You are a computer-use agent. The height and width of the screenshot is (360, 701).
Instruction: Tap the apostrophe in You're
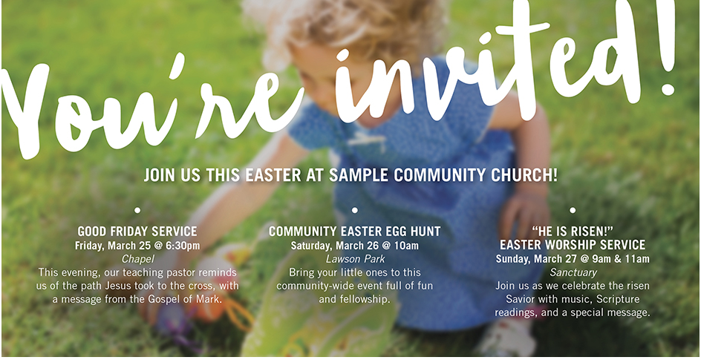click(x=178, y=65)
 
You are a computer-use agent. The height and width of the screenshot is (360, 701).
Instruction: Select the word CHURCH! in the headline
click(x=524, y=175)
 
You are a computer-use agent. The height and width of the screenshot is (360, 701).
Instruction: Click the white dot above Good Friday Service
click(x=137, y=210)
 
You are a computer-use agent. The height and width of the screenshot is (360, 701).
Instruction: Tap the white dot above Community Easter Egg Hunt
click(x=354, y=210)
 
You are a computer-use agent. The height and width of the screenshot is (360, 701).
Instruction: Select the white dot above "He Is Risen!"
click(x=573, y=210)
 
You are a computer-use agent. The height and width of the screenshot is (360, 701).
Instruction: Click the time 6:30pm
click(x=183, y=246)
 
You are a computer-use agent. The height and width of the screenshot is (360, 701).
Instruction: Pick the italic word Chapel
click(x=137, y=259)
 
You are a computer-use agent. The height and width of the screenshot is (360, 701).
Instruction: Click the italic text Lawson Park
click(x=355, y=259)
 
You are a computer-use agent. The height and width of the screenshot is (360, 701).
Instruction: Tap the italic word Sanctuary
click(x=573, y=272)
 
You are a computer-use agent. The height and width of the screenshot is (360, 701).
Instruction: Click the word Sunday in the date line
click(x=511, y=259)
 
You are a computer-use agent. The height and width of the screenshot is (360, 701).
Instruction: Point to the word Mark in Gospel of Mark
click(x=209, y=299)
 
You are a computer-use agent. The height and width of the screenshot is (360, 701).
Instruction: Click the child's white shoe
click(x=507, y=339)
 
